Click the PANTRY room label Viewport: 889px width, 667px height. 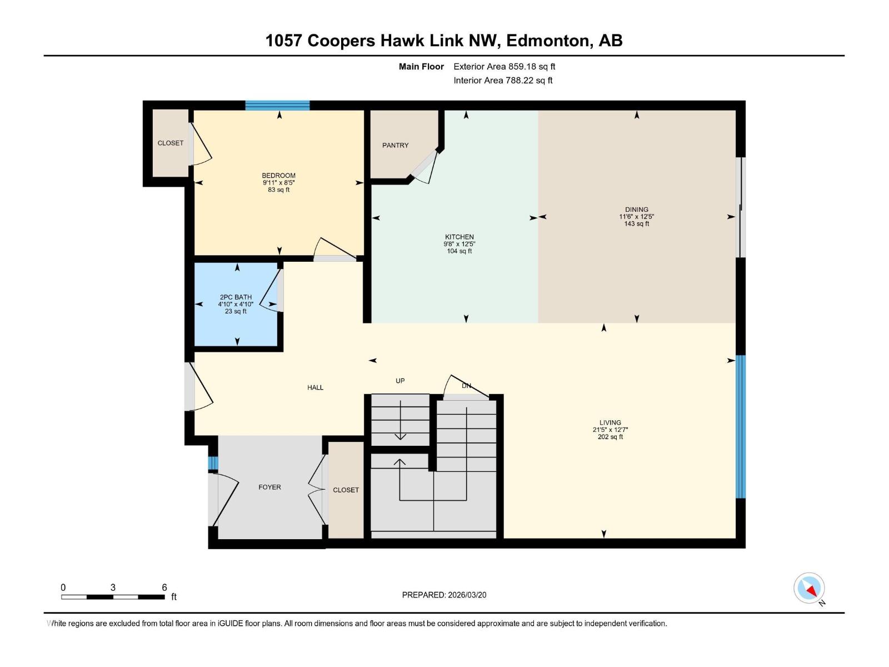pyautogui.click(x=395, y=145)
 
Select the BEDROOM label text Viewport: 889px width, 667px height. pyautogui.click(x=278, y=176)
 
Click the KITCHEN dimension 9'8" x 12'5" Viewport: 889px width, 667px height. pyautogui.click(x=459, y=244)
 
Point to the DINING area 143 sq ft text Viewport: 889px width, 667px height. pyautogui.click(x=636, y=224)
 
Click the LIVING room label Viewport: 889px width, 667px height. pyautogui.click(x=610, y=422)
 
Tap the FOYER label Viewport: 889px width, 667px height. pyautogui.click(x=269, y=487)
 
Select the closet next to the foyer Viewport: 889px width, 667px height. pyautogui.click(x=346, y=490)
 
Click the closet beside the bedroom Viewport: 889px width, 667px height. pyautogui.click(x=170, y=143)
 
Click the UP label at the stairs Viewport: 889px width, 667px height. pyautogui.click(x=400, y=381)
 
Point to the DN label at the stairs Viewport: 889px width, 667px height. pyautogui.click(x=466, y=385)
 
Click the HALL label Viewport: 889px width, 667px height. pyautogui.click(x=315, y=387)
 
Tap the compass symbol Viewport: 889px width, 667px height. pyautogui.click(x=809, y=588)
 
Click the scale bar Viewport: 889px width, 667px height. pyautogui.click(x=113, y=597)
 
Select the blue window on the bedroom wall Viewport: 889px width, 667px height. pyautogui.click(x=277, y=106)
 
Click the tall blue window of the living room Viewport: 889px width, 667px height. pyautogui.click(x=740, y=426)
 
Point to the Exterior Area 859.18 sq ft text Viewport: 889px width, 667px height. pyautogui.click(x=504, y=66)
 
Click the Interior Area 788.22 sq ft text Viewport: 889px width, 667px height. pyautogui.click(x=503, y=80)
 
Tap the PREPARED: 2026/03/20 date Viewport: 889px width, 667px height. pyautogui.click(x=444, y=595)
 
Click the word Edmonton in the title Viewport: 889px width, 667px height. pyautogui.click(x=547, y=41)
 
